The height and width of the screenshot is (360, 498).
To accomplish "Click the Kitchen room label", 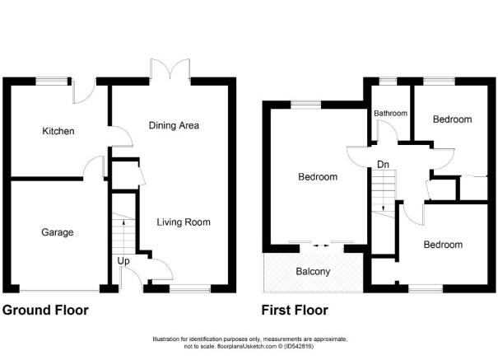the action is (x=58, y=131).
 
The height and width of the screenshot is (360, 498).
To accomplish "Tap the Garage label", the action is (x=58, y=232).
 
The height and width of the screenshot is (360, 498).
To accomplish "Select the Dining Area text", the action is (x=174, y=125).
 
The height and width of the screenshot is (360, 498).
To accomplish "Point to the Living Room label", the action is (x=184, y=222).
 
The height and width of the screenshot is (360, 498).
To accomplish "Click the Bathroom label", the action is (x=391, y=113).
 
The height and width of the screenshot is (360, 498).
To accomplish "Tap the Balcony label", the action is (x=313, y=271).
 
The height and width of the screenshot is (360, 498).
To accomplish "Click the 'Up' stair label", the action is (x=123, y=261).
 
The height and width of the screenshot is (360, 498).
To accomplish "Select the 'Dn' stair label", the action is (x=383, y=165).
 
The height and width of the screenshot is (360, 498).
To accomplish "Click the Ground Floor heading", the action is (x=45, y=310).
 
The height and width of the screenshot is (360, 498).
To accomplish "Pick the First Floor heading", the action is (x=295, y=310).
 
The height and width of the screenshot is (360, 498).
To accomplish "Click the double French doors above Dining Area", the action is (x=170, y=69).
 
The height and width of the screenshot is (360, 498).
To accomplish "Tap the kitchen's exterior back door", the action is (x=84, y=92).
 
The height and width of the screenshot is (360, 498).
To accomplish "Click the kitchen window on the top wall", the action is (x=52, y=82).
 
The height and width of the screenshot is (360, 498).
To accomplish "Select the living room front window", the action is (x=190, y=288).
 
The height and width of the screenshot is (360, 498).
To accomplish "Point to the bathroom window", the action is (x=388, y=82).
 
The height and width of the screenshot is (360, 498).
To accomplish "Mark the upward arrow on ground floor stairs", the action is (x=123, y=222).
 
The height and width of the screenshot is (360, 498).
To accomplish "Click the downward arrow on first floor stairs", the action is (x=384, y=207).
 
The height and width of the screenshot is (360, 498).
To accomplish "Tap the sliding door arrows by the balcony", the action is (x=321, y=245).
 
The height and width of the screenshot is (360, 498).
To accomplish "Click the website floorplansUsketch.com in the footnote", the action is (x=246, y=346).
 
